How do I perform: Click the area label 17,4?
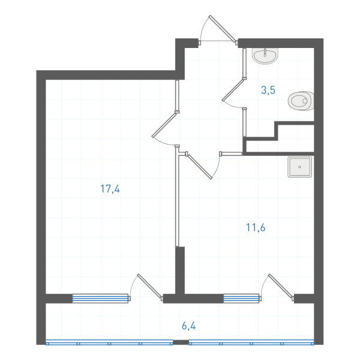click(x=110, y=189)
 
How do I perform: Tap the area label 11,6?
click(x=256, y=227)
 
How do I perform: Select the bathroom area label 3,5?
click(x=268, y=90)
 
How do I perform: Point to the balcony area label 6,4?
click(x=189, y=326)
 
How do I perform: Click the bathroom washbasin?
click(x=265, y=56)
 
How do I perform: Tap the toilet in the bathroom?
click(x=301, y=101)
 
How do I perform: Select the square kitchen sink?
click(x=299, y=167)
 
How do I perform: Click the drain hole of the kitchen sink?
click(x=299, y=167)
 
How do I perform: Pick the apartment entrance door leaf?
click(x=222, y=29)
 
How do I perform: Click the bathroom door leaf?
click(x=233, y=89)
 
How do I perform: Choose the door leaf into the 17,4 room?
click(x=164, y=125)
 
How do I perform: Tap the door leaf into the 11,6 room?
click(x=200, y=166)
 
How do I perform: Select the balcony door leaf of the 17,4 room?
click(x=149, y=286)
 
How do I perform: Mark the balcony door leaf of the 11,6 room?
click(x=281, y=286)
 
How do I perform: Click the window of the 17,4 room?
click(x=100, y=298)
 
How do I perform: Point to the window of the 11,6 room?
click(x=241, y=298)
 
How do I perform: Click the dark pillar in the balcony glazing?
click(x=181, y=343)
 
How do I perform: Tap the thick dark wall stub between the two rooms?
click(x=180, y=271)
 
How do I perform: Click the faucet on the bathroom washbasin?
click(x=265, y=52)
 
